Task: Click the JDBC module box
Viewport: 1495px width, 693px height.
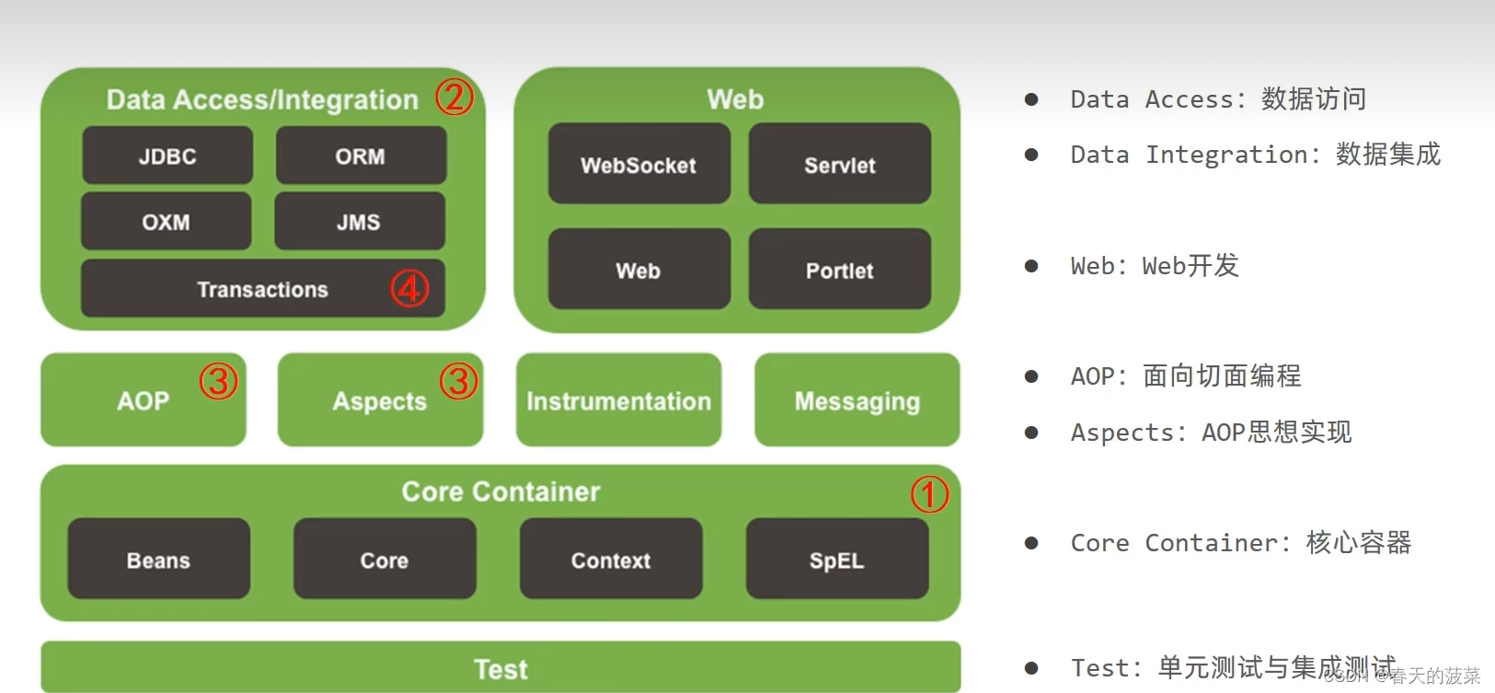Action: click(167, 155)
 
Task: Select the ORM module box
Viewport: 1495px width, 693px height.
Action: click(361, 155)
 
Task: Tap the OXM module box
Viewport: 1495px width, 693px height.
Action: click(167, 221)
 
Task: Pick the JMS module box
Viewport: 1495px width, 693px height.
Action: click(360, 221)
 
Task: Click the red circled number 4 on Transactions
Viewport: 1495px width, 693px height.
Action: click(409, 288)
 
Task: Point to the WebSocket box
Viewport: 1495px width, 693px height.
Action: click(639, 164)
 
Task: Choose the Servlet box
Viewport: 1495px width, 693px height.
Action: click(840, 164)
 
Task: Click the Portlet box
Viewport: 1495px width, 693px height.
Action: click(840, 269)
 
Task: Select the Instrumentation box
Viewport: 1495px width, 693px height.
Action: click(618, 400)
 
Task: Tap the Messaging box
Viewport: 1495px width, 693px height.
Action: click(857, 400)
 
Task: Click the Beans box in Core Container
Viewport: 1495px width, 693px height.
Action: click(159, 559)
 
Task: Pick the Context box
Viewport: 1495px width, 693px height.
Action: click(612, 559)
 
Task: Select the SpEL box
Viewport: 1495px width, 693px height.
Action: click(837, 559)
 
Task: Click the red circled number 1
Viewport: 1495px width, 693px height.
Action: click(930, 494)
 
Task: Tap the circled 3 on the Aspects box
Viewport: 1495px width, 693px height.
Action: click(459, 380)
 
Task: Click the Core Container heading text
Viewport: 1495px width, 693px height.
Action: click(500, 491)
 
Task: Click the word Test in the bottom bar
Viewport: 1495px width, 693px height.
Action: click(500, 669)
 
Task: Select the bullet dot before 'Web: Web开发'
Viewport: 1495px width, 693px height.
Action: click(1031, 266)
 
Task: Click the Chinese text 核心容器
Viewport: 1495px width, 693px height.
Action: click(1359, 543)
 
